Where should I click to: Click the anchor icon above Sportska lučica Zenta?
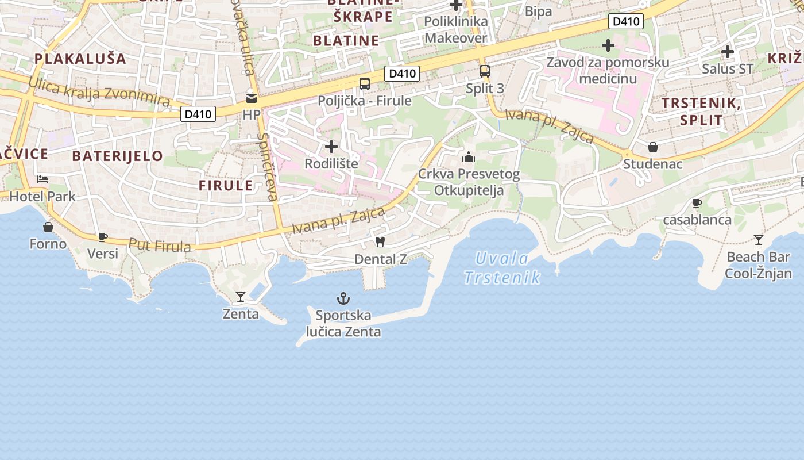pyautogui.click(x=343, y=298)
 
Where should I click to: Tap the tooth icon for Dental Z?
pyautogui.click(x=380, y=242)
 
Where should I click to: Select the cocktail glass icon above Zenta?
pyautogui.click(x=241, y=297)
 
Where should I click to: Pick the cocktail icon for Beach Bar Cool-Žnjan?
pyautogui.click(x=759, y=239)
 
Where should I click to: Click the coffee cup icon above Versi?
pyautogui.click(x=103, y=236)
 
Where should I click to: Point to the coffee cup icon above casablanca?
pyautogui.click(x=697, y=203)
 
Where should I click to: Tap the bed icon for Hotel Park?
pyautogui.click(x=42, y=179)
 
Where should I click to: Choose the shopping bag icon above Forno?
pyautogui.click(x=48, y=227)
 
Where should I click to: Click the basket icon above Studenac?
pyautogui.click(x=653, y=147)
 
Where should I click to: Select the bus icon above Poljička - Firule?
pyautogui.click(x=365, y=84)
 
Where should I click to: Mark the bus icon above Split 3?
pyautogui.click(x=485, y=71)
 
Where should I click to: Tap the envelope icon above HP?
pyautogui.click(x=252, y=98)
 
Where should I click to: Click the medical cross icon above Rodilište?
pyautogui.click(x=331, y=147)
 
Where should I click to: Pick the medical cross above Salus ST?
pyautogui.click(x=728, y=52)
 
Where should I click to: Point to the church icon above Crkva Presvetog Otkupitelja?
pyautogui.click(x=469, y=156)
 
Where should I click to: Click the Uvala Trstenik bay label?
pyautogui.click(x=502, y=268)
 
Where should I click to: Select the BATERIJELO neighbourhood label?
pyautogui.click(x=118, y=156)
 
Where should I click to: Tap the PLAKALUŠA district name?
pyautogui.click(x=80, y=58)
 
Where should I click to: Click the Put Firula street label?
pyautogui.click(x=160, y=246)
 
